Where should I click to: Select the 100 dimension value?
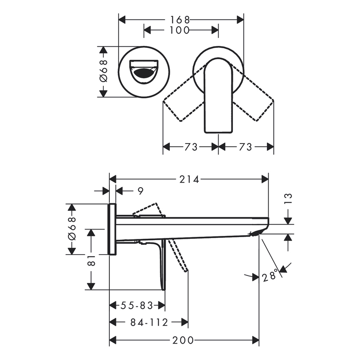coord(180,30)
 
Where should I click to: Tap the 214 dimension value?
coord(189,179)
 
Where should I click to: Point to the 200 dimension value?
coord(183,340)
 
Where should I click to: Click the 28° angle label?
coord(270,277)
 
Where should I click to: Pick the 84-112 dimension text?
coord(149,323)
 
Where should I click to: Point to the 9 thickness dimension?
coord(140,191)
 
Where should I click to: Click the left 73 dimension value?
coord(191,147)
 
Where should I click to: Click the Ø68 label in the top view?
coord(103,71)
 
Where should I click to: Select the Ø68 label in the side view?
coord(72,229)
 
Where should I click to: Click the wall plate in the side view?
coord(112,229)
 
